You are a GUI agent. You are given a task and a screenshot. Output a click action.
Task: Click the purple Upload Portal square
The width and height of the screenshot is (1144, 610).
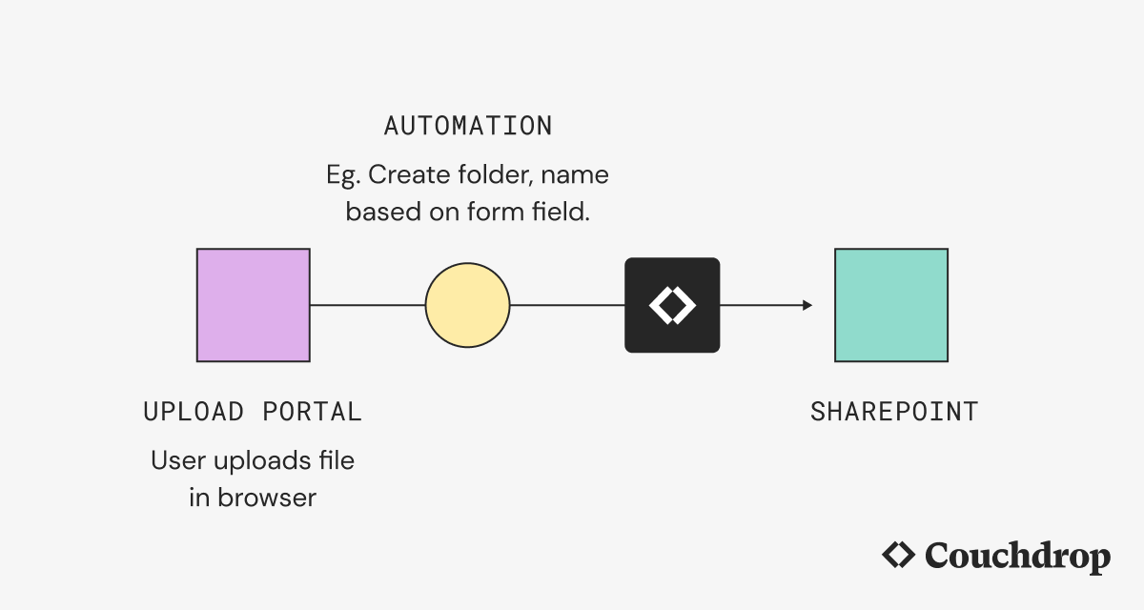tap(253, 305)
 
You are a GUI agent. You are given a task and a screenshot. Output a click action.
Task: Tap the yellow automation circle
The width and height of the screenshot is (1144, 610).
tap(467, 305)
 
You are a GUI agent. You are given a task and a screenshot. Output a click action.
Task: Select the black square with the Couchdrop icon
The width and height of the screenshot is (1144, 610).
tap(672, 305)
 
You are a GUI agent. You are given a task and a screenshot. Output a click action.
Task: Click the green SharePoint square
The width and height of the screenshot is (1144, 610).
tap(891, 305)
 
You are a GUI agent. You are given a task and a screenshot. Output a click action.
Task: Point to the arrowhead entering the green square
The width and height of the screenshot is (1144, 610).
tap(807, 305)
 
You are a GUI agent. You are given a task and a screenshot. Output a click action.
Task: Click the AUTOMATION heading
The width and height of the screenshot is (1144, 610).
tap(467, 126)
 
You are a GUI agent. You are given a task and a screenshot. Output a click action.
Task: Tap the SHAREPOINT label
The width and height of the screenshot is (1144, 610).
tap(894, 412)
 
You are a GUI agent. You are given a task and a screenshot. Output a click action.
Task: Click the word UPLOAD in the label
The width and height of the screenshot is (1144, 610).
tap(194, 412)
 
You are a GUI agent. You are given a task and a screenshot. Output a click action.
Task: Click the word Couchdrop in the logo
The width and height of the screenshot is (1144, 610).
tap(1017, 556)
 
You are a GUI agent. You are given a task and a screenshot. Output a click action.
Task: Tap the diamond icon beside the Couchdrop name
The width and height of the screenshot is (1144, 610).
tap(898, 555)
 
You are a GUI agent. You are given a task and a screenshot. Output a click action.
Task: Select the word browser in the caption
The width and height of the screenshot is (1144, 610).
tap(266, 498)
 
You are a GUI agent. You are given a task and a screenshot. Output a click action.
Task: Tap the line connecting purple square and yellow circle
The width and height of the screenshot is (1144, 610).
tap(367, 305)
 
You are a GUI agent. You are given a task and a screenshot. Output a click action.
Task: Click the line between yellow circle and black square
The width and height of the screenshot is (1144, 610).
tap(567, 305)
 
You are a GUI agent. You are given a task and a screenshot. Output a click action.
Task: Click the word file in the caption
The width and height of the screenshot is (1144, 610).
tap(334, 461)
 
